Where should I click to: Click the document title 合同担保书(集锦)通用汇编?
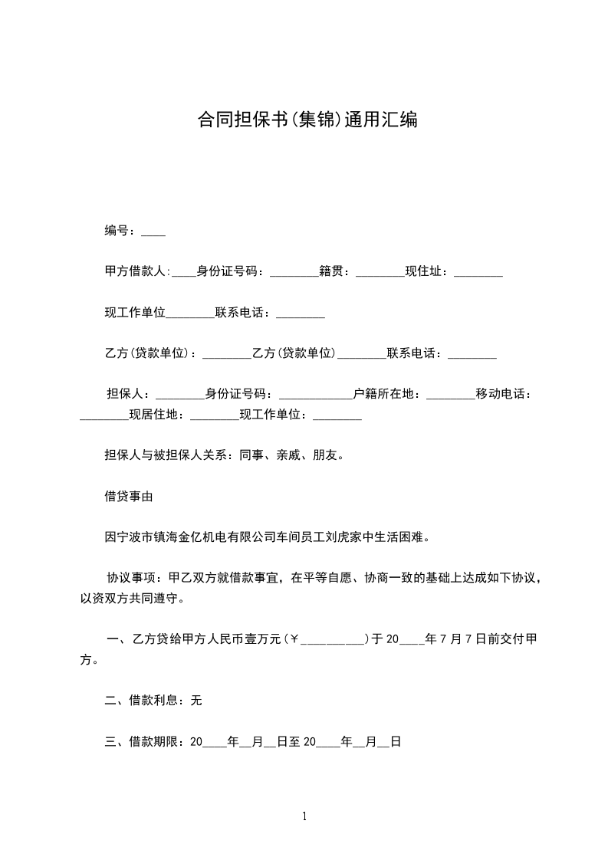pyautogui.click(x=307, y=120)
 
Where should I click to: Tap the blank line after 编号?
pyautogui.click(x=153, y=232)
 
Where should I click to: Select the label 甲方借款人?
pyautogui.click(x=135, y=271)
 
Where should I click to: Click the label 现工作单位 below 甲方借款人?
pyautogui.click(x=135, y=313)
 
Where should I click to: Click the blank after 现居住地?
pyautogui.click(x=215, y=417)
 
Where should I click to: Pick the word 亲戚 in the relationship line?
pyautogui.click(x=288, y=455)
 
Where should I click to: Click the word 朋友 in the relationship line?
pyautogui.click(x=325, y=455)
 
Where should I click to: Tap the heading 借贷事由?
pyautogui.click(x=129, y=497)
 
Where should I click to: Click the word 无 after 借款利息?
pyautogui.click(x=196, y=701)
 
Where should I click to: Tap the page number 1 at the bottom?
pyautogui.click(x=304, y=817)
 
